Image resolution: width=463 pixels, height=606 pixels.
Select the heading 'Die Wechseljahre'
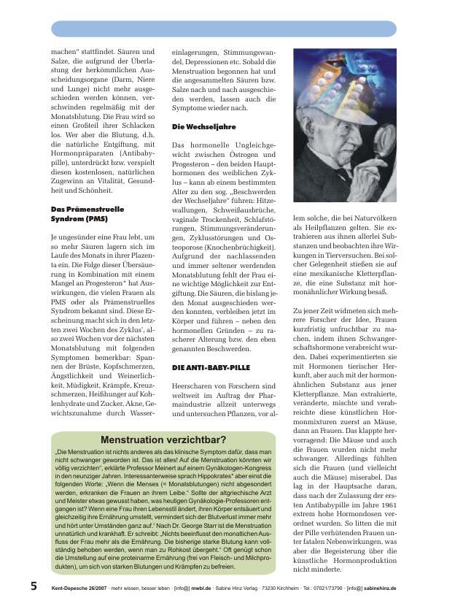point(203,127)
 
